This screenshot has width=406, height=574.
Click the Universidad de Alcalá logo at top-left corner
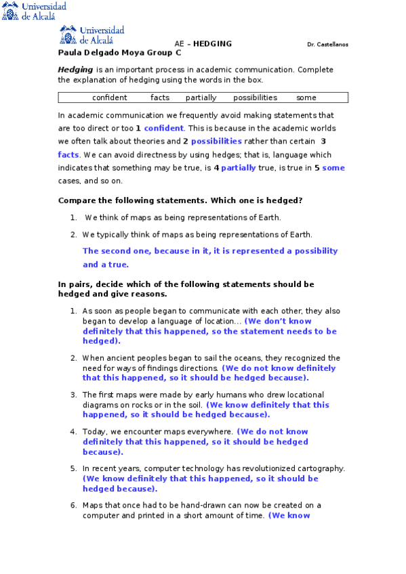(34, 11)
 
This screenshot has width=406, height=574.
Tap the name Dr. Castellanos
(327, 45)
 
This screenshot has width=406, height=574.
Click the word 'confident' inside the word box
(109, 97)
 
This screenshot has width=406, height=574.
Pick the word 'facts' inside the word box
(160, 97)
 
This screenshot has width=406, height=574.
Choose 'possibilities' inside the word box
(255, 97)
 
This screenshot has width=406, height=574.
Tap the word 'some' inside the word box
(306, 97)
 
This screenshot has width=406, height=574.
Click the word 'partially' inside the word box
(201, 97)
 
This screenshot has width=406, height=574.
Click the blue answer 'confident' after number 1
(163, 128)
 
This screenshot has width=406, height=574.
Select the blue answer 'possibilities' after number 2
(216, 141)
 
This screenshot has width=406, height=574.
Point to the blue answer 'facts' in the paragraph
(68, 154)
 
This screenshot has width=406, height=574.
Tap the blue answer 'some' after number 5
(333, 168)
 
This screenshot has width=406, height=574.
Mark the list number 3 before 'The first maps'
(73, 395)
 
